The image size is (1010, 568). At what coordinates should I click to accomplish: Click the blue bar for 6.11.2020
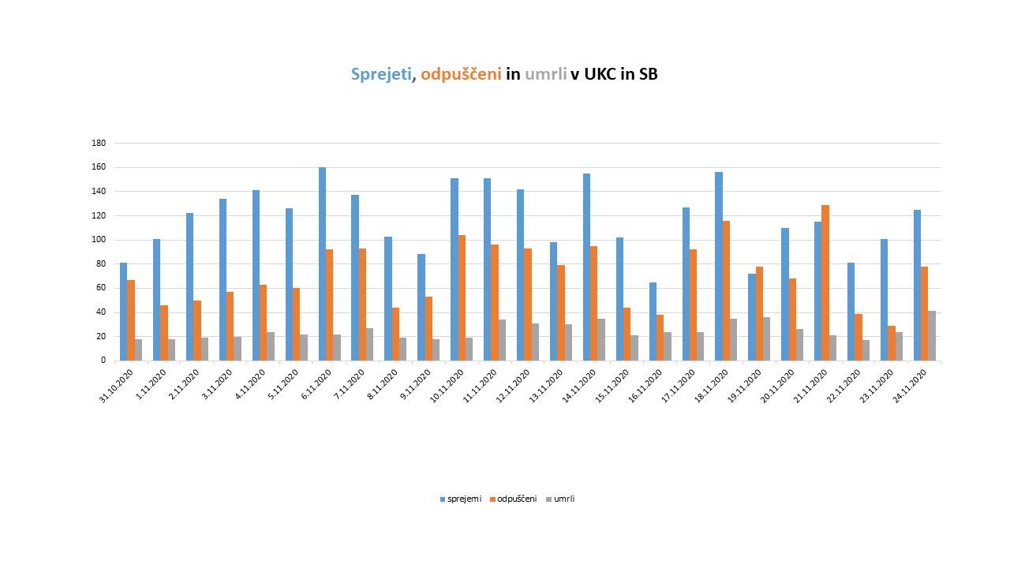322,263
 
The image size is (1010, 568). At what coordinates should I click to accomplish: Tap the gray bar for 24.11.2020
932,336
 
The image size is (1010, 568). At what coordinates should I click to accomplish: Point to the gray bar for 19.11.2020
766,339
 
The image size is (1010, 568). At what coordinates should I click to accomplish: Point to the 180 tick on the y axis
99,144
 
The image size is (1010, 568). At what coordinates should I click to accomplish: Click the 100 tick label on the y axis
99,240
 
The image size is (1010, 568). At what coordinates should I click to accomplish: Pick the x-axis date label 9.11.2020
414,385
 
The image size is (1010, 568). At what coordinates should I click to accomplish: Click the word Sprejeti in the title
381,74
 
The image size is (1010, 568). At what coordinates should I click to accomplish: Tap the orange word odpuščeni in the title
461,74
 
